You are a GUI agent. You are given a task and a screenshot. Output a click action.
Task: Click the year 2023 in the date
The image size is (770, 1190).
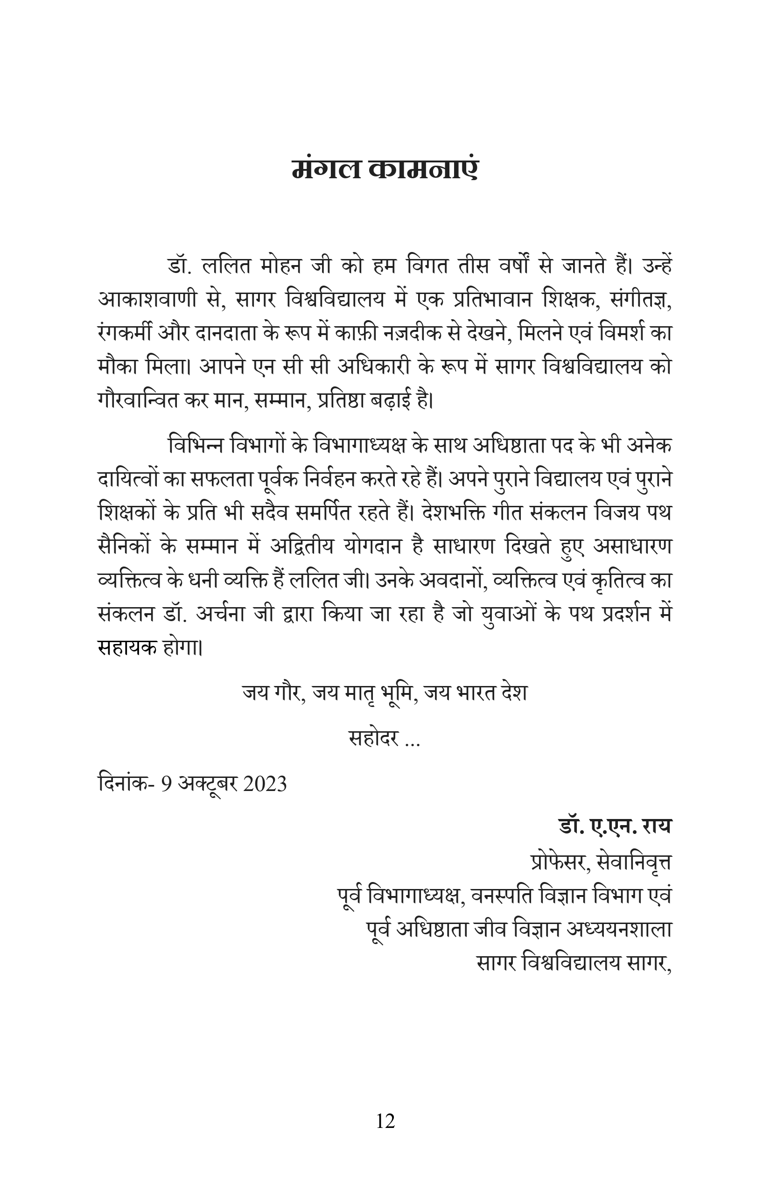click(x=265, y=784)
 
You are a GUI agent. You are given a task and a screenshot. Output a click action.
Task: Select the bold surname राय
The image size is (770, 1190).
click(x=657, y=826)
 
